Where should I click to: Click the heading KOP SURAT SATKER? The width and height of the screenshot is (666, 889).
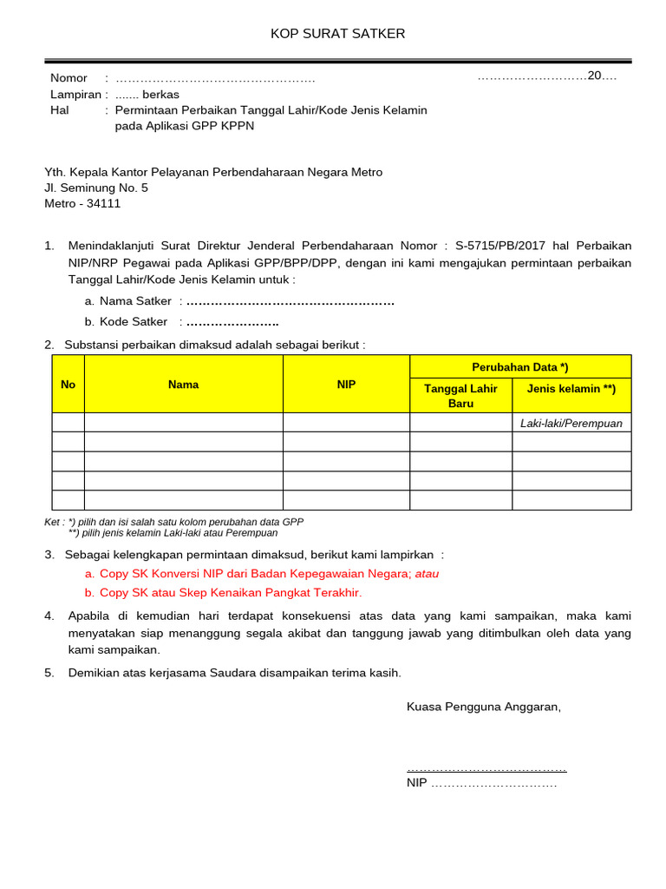point(337,34)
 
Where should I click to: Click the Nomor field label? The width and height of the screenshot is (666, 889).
point(69,78)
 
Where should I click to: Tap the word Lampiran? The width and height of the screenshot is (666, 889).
point(75,95)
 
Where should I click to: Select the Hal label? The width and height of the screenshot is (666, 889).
point(60,110)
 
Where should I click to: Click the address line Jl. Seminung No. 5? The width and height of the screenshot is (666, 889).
point(96,188)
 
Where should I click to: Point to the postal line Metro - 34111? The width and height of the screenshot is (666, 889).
point(82,204)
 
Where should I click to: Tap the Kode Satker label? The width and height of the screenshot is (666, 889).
point(134,321)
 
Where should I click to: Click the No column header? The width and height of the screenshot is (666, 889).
point(69,385)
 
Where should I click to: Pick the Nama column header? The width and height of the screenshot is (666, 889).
point(183,385)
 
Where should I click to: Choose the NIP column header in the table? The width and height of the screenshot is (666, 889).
point(346,385)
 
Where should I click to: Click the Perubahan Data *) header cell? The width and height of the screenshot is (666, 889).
point(520,367)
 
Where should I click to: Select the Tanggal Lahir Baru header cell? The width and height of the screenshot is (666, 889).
point(460,396)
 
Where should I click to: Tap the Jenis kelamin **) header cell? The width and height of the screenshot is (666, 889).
point(571,389)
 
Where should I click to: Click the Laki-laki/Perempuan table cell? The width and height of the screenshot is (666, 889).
point(571,424)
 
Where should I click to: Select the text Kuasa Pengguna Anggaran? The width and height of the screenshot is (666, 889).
point(484,707)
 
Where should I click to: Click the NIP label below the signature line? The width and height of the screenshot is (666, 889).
point(417,783)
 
